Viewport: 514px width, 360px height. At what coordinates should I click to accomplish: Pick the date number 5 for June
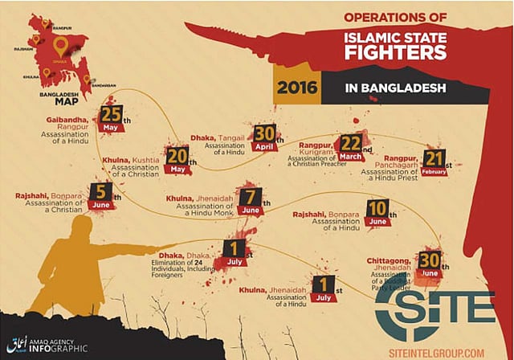pyautogui.click(x=100, y=193)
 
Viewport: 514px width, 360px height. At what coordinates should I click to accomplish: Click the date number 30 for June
pyautogui.click(x=430, y=261)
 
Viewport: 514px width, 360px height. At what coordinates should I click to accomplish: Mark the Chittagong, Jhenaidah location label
pyautogui.click(x=390, y=264)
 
